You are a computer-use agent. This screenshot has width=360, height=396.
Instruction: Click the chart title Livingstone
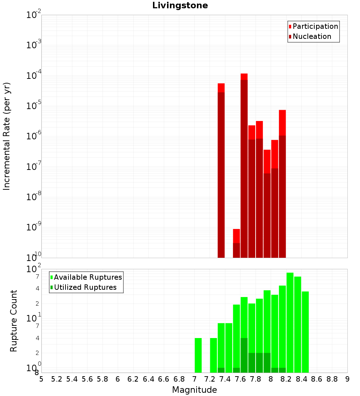[180, 6]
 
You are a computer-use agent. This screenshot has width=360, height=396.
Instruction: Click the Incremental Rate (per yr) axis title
[7, 136]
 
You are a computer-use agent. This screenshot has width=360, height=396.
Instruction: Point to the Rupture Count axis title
[14, 321]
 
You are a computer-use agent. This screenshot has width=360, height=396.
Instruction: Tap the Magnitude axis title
[194, 390]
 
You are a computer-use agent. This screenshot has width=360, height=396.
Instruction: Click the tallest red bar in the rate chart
[244, 166]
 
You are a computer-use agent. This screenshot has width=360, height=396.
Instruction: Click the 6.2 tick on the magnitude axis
[133, 379]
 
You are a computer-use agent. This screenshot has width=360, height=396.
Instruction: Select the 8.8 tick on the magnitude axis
[332, 379]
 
